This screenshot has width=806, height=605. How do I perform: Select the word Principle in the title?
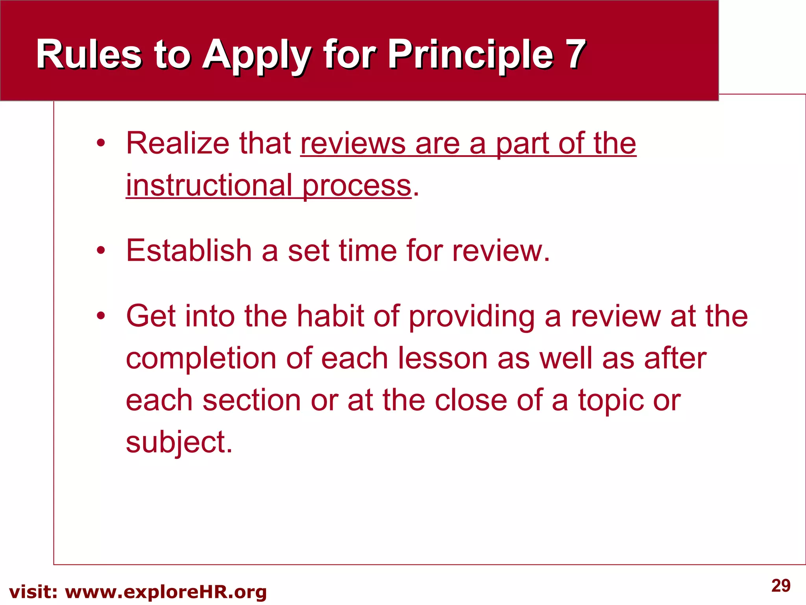click(471, 55)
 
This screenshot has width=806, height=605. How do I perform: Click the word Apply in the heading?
click(256, 56)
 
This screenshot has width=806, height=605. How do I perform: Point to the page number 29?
click(781, 586)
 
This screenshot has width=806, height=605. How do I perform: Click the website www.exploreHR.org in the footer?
click(166, 592)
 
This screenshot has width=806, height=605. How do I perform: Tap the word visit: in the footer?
click(33, 592)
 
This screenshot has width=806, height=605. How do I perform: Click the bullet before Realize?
click(101, 143)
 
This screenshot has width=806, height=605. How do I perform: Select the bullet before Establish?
click(101, 251)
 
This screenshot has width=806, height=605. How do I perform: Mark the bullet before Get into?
click(101, 316)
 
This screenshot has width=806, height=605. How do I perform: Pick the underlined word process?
click(357, 186)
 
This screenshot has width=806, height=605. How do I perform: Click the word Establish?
click(189, 250)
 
